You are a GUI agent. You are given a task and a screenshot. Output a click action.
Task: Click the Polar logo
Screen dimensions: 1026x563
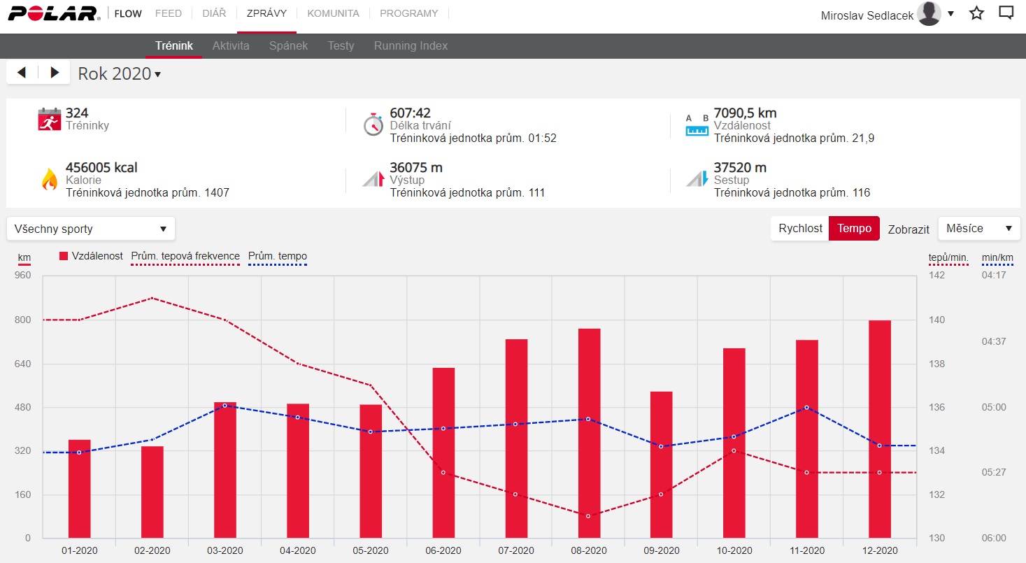click(x=54, y=13)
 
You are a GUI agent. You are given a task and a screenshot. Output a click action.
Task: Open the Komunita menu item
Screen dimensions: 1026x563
click(x=333, y=13)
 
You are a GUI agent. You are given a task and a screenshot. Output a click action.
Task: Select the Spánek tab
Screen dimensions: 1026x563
click(x=288, y=46)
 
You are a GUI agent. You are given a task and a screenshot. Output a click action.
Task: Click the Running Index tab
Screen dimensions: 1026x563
click(x=411, y=46)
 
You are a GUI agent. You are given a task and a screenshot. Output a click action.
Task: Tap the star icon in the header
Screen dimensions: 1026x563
click(x=976, y=13)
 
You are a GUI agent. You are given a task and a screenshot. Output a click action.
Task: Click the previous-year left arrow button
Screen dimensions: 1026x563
click(x=22, y=72)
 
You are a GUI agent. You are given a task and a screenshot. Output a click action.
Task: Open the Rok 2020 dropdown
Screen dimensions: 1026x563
click(x=119, y=73)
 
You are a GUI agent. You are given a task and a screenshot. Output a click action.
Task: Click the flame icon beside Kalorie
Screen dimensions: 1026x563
click(x=50, y=179)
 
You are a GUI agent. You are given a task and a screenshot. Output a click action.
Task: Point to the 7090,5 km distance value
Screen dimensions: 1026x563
click(x=745, y=113)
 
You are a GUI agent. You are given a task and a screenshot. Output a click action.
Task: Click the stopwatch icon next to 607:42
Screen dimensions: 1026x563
click(x=373, y=124)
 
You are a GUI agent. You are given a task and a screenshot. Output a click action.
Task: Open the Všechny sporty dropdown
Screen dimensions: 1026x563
click(x=91, y=229)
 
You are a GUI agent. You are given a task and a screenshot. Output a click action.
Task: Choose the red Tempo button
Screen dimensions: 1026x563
click(x=854, y=228)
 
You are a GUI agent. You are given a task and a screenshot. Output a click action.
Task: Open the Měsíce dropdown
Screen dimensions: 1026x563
click(x=979, y=228)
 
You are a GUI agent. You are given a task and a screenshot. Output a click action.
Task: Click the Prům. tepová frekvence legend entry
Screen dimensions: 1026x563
click(x=185, y=257)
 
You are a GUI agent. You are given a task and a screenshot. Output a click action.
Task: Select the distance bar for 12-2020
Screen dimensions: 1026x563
click(x=879, y=429)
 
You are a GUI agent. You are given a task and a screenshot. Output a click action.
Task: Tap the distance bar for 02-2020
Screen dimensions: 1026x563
click(x=152, y=492)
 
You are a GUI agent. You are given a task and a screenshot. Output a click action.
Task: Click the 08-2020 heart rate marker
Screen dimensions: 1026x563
click(x=588, y=516)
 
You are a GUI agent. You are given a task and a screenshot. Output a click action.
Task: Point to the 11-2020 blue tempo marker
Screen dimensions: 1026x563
click(x=806, y=407)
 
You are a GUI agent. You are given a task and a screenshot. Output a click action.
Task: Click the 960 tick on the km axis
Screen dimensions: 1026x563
click(x=23, y=276)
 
